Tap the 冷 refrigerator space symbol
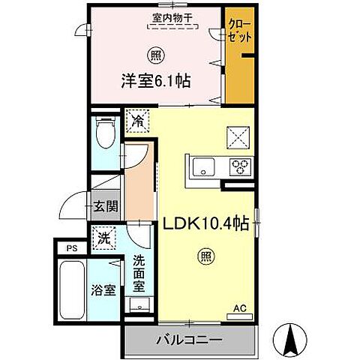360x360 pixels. coord(138,119)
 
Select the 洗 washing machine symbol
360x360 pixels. coord(103,239)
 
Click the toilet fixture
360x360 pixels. coord(106,135)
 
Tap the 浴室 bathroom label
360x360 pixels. coord(103,289)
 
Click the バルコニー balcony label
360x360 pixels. coord(188,339)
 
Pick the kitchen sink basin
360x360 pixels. coord(203,166)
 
